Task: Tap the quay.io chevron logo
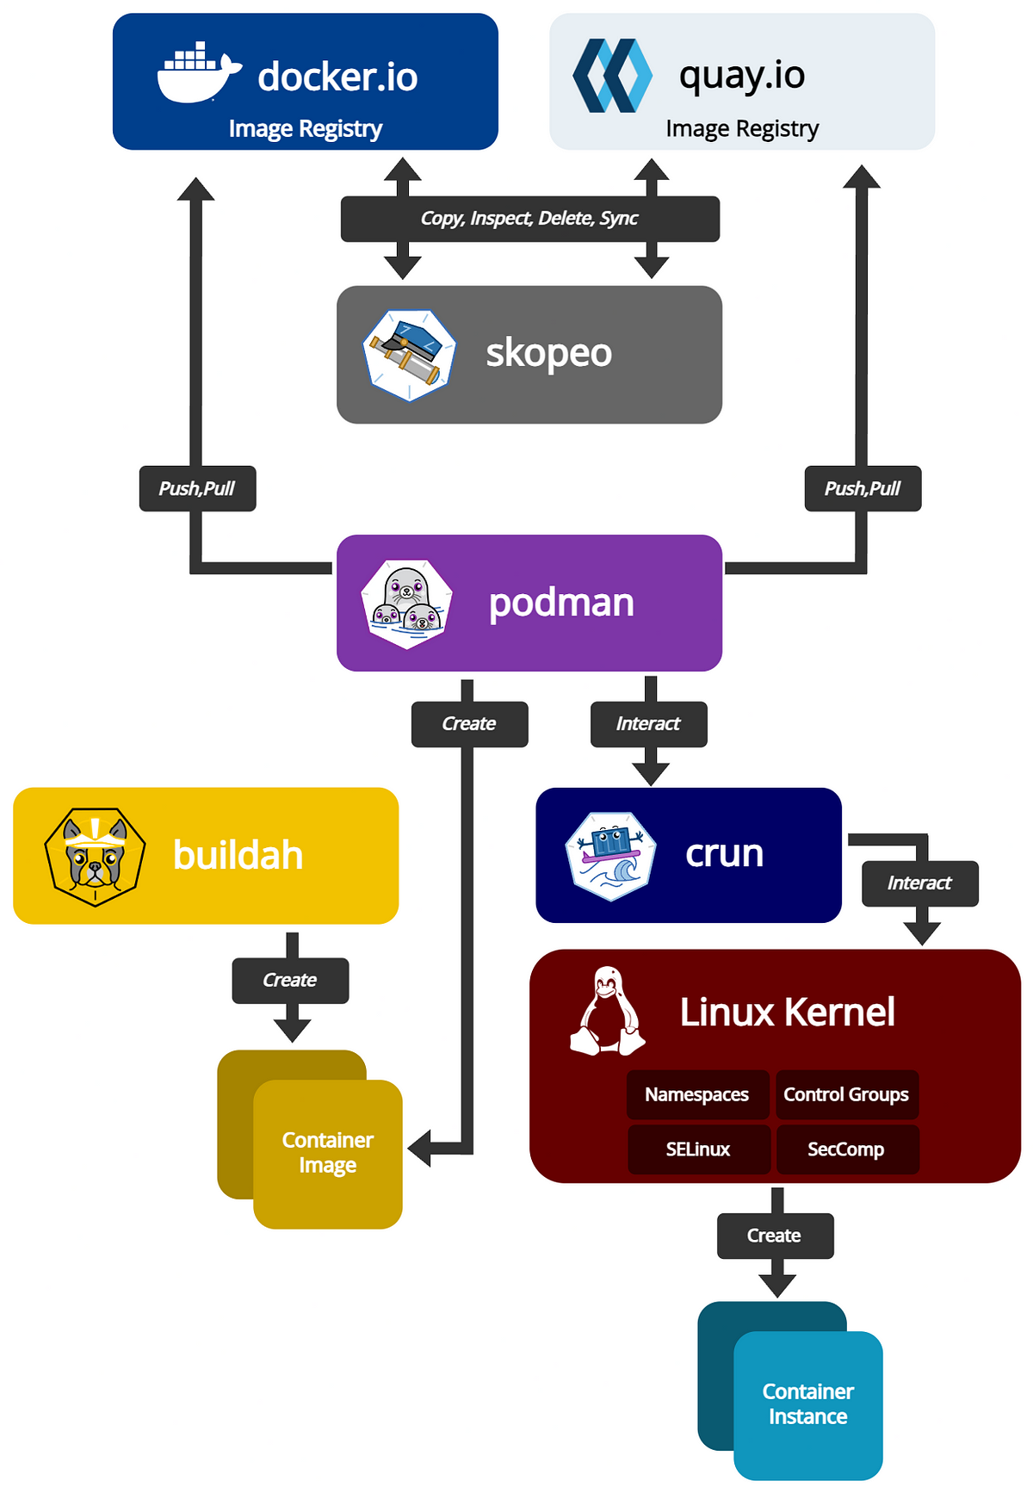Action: pos(612,75)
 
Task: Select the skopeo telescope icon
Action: pos(409,356)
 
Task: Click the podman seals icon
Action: pos(407,604)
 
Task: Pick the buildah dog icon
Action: pos(95,857)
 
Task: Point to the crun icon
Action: pos(610,856)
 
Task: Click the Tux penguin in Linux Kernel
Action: pos(608,1011)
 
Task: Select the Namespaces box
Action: pos(697,1094)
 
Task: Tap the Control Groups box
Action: pos(847,1094)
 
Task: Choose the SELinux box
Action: pos(697,1149)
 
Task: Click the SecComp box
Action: pos(847,1149)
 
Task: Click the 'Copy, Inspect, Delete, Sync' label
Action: pos(529,219)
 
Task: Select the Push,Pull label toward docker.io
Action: pos(197,488)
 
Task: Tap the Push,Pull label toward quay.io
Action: pos(863,488)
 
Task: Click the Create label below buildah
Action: pos(290,981)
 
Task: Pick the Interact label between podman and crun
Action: pos(648,724)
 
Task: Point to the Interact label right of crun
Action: pos(920,883)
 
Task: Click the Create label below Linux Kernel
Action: pos(775,1236)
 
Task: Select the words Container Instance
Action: pos(808,1404)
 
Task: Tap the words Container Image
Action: pos(328,1152)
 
